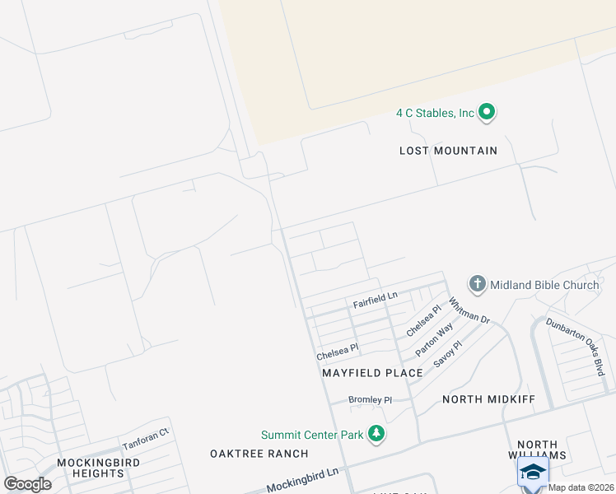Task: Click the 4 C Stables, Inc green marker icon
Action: tap(487, 112)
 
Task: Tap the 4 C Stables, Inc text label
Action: tap(436, 113)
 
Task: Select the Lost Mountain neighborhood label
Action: tap(448, 151)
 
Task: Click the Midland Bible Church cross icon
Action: tap(477, 285)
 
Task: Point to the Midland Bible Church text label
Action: tap(544, 286)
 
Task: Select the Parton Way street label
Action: tap(434, 338)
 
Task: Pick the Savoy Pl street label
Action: tap(448, 353)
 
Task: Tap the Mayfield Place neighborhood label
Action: tap(372, 373)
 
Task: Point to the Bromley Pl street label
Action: tap(370, 400)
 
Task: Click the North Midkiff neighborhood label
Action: tap(489, 399)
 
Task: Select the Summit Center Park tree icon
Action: tap(376, 433)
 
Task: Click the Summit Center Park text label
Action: tap(313, 435)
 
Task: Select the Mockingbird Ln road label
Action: tap(296, 478)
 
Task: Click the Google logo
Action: tap(27, 484)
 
